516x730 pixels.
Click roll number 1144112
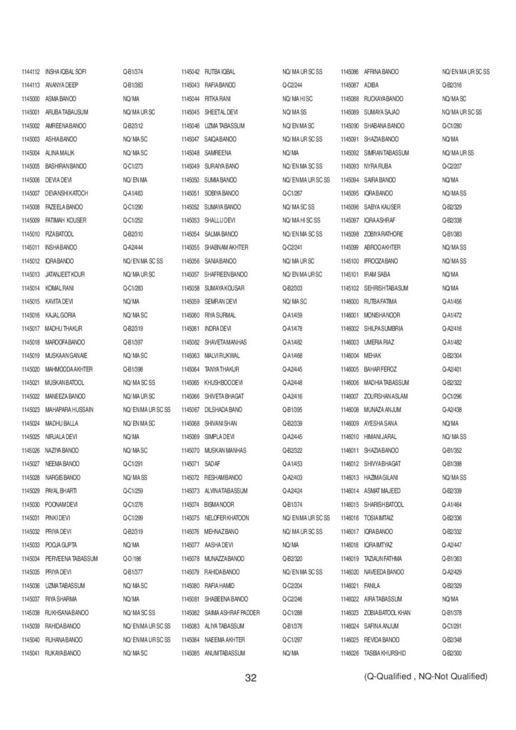(31, 71)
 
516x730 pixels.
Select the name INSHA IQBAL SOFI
(66, 71)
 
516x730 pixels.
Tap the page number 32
(250, 677)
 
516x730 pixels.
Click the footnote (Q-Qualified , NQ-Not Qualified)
(425, 676)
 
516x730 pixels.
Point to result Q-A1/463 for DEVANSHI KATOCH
(133, 193)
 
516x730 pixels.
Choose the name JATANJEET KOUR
(65, 274)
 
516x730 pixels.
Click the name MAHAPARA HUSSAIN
(69, 409)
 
